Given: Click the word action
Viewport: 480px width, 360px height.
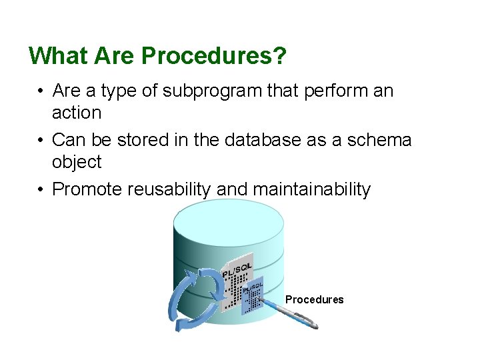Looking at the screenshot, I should coord(77,113).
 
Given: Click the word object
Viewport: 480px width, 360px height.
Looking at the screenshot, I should coord(77,162).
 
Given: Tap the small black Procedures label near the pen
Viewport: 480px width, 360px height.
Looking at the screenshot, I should coord(314,300).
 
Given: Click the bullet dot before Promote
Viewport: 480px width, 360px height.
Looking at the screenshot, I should coord(41,190).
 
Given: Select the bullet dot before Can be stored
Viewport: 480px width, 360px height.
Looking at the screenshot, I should coord(41,141).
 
